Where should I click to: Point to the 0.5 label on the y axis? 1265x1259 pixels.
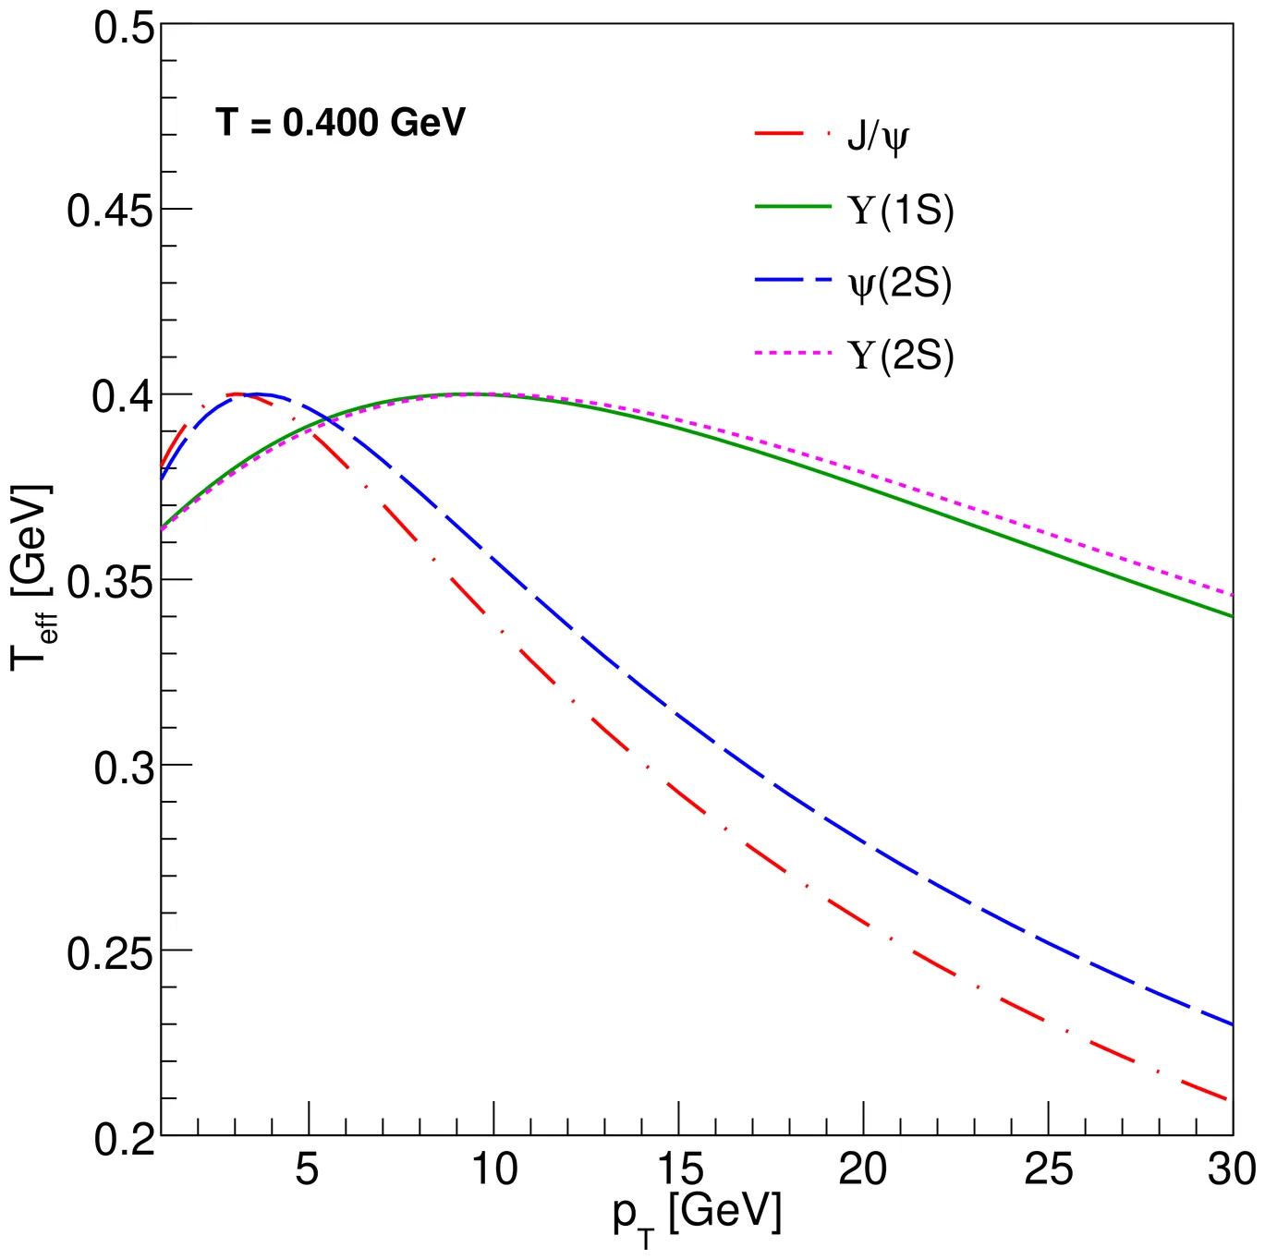(x=124, y=27)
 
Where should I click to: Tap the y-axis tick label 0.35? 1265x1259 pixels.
(x=109, y=582)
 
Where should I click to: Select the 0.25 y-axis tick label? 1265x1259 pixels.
(x=109, y=952)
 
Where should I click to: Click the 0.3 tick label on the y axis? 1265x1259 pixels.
(x=124, y=768)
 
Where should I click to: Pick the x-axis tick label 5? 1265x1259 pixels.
(x=307, y=1169)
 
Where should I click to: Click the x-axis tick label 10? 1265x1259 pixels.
(x=494, y=1169)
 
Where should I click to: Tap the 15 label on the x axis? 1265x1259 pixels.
(x=679, y=1169)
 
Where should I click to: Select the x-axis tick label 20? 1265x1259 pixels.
(x=863, y=1169)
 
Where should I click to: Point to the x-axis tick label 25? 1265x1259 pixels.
(x=1048, y=1169)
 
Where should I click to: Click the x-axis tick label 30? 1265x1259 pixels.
(x=1231, y=1169)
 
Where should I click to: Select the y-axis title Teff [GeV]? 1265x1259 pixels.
(x=32, y=577)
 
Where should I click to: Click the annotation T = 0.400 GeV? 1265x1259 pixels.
(x=340, y=123)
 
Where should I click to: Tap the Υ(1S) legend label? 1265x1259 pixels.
(x=901, y=211)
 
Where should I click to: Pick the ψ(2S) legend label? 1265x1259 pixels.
(x=900, y=283)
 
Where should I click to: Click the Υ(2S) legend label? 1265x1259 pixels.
(x=901, y=356)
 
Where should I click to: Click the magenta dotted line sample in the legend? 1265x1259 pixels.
(x=793, y=353)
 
